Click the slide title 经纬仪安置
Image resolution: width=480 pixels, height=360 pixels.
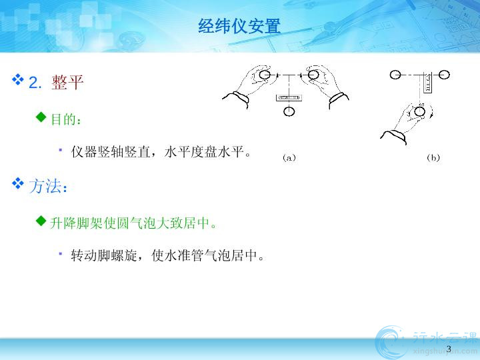[239, 26]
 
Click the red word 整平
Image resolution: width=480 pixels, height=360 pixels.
[67, 82]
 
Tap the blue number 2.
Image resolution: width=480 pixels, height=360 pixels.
[35, 83]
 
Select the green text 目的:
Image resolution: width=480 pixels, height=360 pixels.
[66, 119]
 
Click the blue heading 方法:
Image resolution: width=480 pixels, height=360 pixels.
[48, 186]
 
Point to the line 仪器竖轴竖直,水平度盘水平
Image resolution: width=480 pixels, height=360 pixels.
[161, 151]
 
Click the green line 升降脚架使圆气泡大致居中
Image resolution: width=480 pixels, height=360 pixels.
[133, 223]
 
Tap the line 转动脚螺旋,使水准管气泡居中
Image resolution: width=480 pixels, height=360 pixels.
[167, 255]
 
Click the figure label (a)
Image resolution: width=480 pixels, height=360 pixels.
[289, 157]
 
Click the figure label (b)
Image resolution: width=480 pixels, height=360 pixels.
[433, 157]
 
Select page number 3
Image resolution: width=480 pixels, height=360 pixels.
[449, 349]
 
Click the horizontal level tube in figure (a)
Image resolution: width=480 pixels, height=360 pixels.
[289, 97]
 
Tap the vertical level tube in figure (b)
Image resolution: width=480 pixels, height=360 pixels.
[427, 83]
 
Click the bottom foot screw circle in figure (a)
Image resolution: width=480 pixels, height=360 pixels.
[289, 111]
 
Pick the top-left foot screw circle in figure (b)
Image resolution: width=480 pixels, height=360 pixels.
[395, 75]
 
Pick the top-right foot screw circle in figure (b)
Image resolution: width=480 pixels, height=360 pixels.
[444, 75]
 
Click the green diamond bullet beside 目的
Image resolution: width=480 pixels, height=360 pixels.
[41, 117]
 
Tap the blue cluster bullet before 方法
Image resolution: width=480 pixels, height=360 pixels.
[18, 183]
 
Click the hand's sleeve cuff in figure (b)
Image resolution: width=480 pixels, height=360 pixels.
[394, 137]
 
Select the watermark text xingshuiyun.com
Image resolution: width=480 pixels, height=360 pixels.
[445, 351]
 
